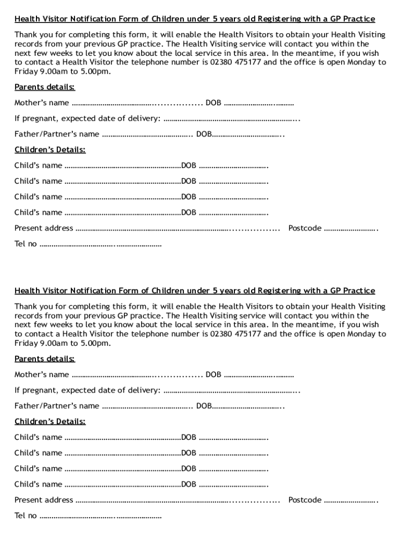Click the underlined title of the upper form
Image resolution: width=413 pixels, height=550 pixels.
click(195, 19)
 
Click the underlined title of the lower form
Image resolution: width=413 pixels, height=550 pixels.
click(195, 291)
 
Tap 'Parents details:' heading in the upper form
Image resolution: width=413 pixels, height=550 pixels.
click(45, 87)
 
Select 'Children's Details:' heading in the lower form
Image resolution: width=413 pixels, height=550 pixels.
click(50, 422)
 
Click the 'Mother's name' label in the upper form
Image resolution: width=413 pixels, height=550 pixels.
click(42, 103)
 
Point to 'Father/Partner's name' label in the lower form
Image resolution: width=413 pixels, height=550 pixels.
click(57, 406)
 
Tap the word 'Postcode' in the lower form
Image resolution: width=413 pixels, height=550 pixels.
click(305, 500)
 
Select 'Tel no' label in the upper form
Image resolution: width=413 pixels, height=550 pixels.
click(26, 244)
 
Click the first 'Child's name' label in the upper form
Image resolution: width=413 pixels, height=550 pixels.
click(38, 165)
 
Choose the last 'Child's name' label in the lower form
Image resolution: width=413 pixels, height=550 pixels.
click(38, 484)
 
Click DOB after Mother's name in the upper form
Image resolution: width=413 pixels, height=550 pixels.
click(213, 103)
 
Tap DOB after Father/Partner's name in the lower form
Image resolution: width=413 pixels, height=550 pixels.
click(204, 406)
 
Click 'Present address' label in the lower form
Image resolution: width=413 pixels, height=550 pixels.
click(43, 500)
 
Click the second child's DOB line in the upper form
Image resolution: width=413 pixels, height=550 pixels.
click(233, 182)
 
